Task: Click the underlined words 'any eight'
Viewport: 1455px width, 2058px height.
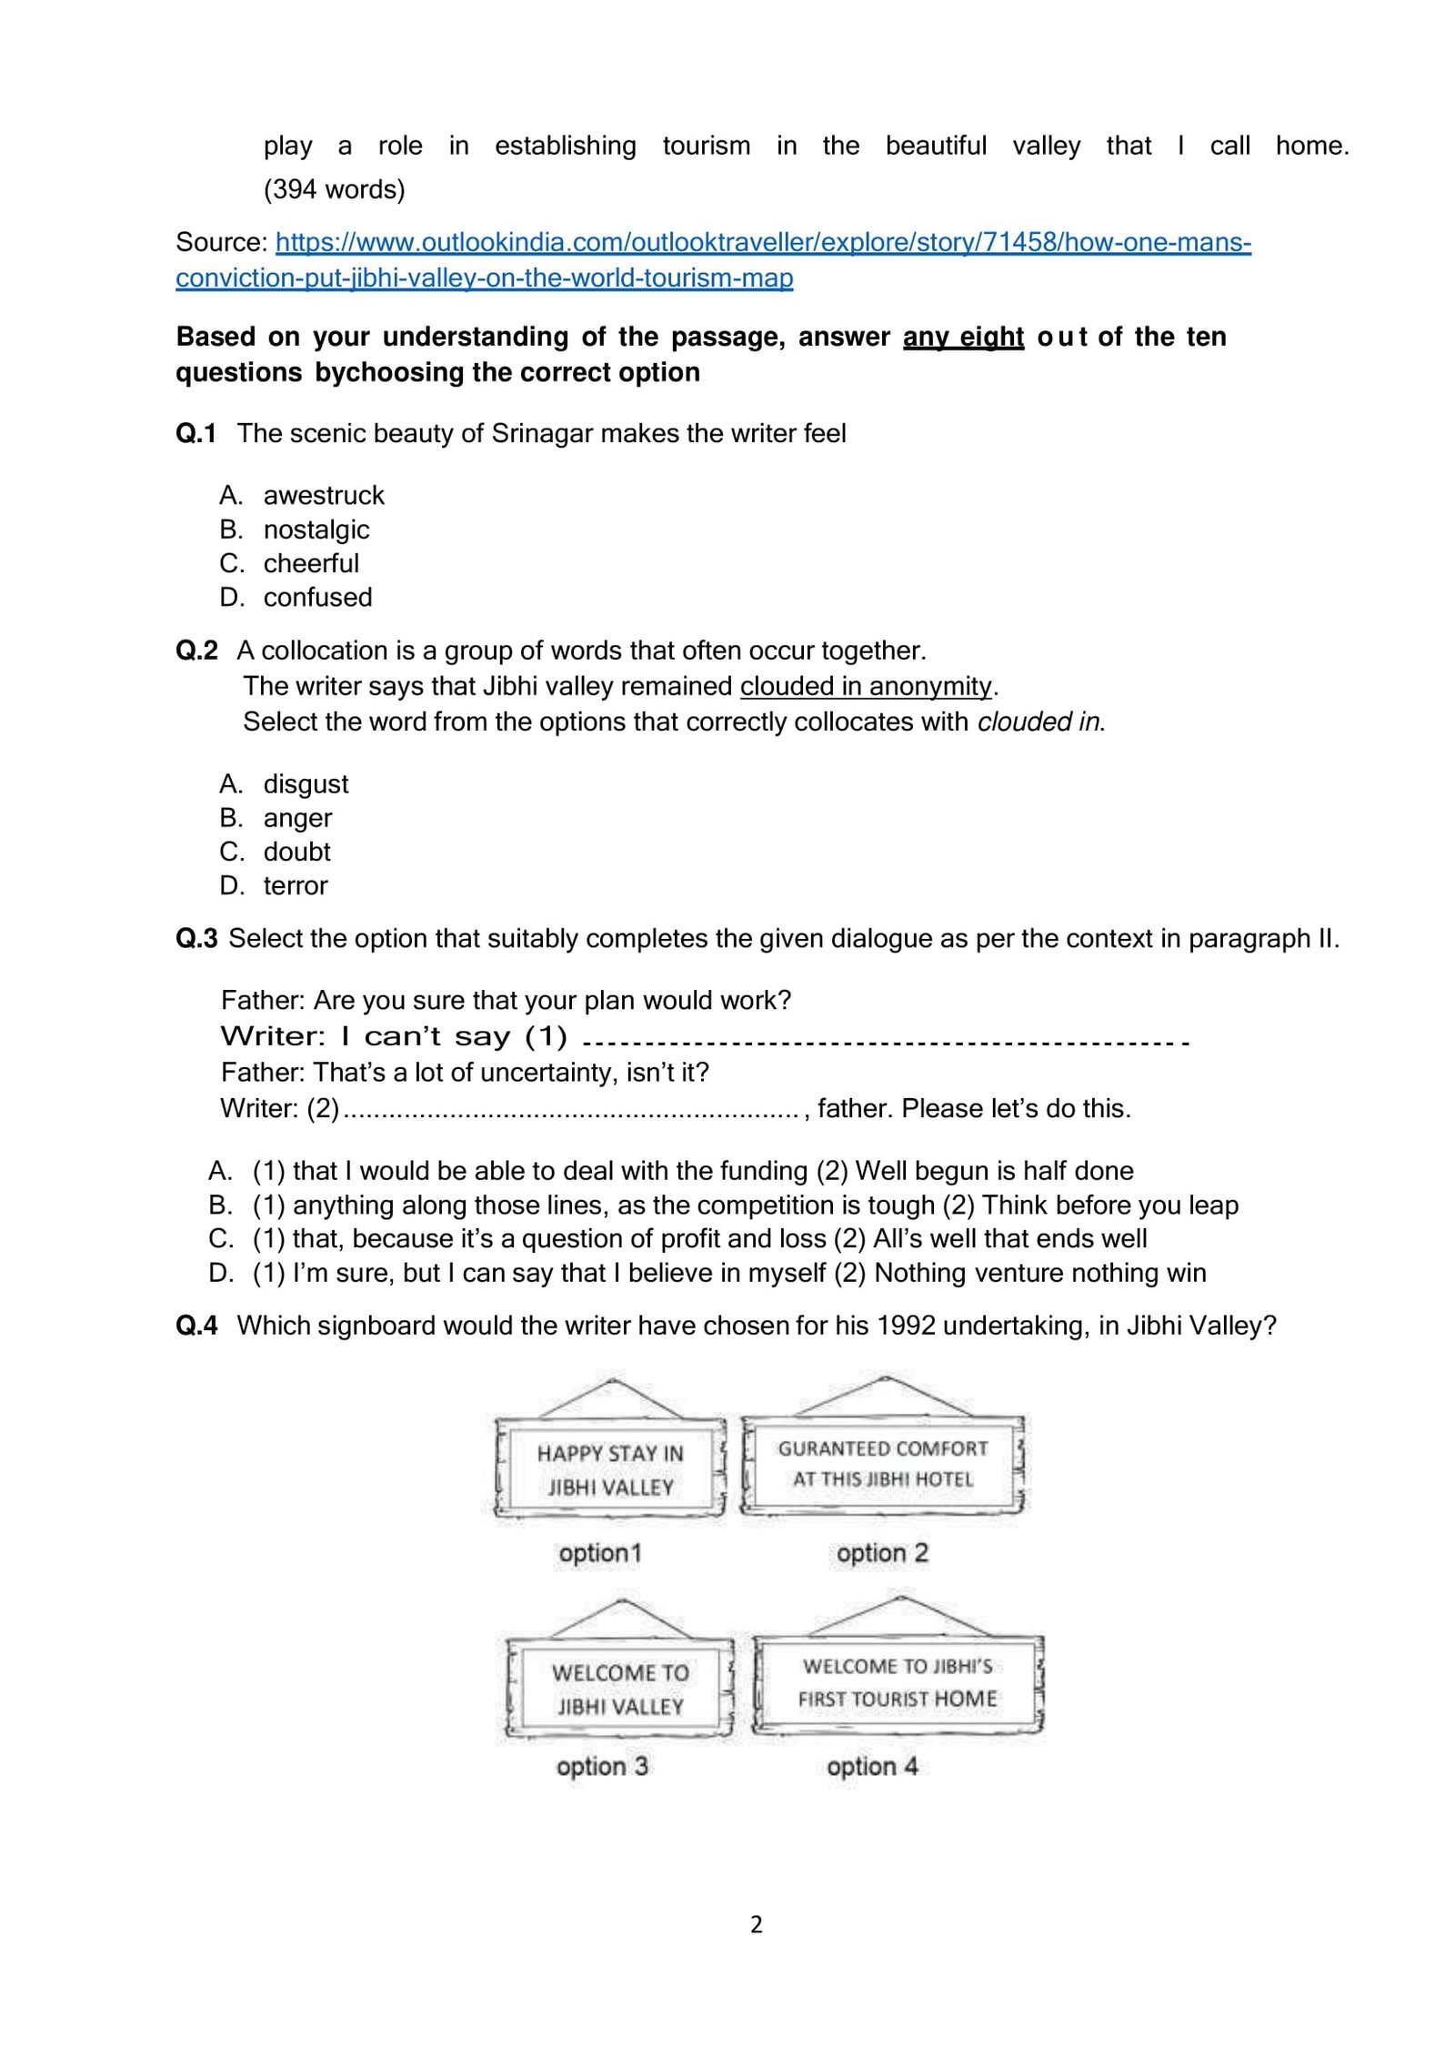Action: tap(963, 337)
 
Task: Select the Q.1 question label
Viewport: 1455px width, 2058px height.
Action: tap(196, 433)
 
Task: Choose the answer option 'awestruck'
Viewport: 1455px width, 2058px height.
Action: tap(323, 495)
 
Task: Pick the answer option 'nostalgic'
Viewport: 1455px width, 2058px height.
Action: tap(316, 530)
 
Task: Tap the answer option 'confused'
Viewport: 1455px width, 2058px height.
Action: tap(317, 597)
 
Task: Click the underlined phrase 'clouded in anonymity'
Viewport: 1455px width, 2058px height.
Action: tap(865, 686)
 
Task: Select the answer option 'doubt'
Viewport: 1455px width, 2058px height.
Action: tap(296, 852)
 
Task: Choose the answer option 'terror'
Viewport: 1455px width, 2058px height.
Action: tap(295, 885)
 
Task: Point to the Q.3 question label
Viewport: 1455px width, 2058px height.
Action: tap(196, 938)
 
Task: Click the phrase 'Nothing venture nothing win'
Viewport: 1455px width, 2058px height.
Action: tap(1039, 1273)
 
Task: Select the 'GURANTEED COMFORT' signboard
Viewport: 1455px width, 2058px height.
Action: tap(882, 1464)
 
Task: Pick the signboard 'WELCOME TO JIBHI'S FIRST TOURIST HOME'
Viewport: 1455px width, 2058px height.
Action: tap(897, 1682)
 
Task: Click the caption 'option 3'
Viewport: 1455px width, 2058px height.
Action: tap(602, 1766)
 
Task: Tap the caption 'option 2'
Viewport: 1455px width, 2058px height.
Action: tap(881, 1553)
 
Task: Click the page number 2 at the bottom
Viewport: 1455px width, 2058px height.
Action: tap(756, 1924)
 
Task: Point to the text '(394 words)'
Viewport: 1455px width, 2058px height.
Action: tap(334, 189)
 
